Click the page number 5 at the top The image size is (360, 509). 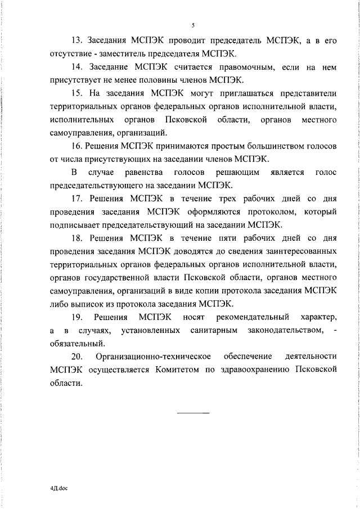tap(193, 25)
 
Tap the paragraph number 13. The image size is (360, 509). tap(76, 40)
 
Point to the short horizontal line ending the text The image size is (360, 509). tap(193, 413)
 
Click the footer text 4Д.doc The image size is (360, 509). tap(57, 489)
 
